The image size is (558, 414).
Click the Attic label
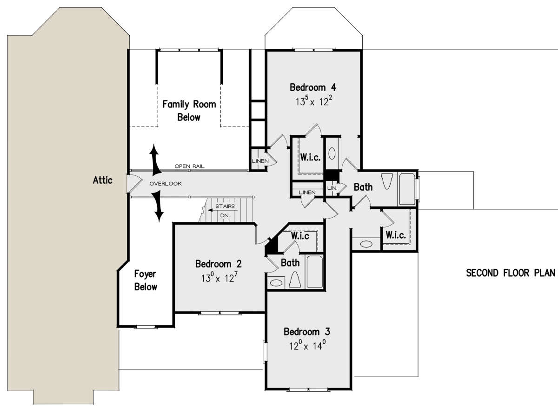(102, 180)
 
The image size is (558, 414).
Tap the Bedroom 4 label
(312, 87)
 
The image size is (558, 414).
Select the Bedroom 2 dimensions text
(219, 277)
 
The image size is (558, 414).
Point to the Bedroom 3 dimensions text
(307, 345)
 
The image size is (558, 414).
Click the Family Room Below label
(189, 111)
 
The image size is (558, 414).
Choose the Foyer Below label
(146, 280)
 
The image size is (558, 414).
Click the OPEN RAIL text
(189, 166)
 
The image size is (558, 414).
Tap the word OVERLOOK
(166, 183)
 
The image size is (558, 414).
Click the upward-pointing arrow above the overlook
(155, 160)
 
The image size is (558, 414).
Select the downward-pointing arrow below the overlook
(158, 207)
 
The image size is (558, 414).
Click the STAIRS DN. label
(225, 211)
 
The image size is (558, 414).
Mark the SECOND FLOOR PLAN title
(511, 273)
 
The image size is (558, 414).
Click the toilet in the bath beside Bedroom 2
(295, 280)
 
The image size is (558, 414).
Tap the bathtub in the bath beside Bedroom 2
(315, 272)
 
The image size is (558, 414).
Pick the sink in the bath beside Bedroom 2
(276, 283)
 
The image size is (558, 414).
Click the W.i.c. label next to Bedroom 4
(311, 157)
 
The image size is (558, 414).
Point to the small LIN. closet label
(332, 188)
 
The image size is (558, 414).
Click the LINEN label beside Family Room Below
(260, 161)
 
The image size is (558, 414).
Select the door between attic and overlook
(134, 184)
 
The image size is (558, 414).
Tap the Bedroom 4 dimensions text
(313, 100)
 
